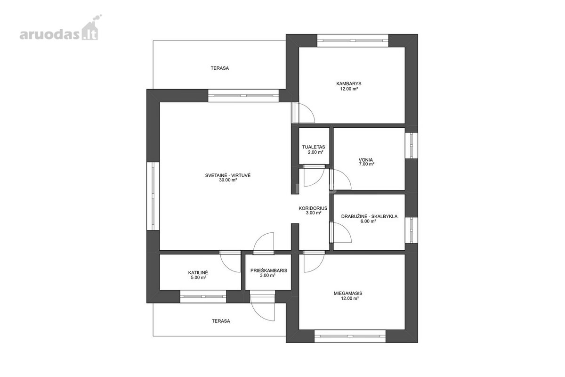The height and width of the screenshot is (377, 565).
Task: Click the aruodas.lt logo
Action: (x=61, y=28)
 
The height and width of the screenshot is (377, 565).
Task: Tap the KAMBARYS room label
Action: (x=349, y=83)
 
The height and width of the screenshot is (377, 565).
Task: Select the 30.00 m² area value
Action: (x=228, y=180)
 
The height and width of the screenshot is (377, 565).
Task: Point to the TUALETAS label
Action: (x=314, y=147)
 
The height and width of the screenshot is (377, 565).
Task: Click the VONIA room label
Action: (x=366, y=160)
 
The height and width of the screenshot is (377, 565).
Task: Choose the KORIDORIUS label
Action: (x=313, y=208)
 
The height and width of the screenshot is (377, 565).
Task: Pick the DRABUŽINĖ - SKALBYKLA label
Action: (x=369, y=216)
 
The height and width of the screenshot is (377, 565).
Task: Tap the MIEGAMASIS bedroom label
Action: (x=348, y=294)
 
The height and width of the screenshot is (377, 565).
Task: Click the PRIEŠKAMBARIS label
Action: (x=269, y=270)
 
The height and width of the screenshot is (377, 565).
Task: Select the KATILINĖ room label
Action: (x=198, y=273)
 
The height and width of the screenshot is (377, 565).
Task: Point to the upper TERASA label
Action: (x=220, y=68)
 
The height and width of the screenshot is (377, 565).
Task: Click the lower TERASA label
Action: (x=221, y=321)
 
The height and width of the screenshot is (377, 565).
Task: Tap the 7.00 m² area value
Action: (x=366, y=164)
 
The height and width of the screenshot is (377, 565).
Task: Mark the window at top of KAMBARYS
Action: (x=353, y=41)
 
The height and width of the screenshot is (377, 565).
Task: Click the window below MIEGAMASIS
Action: (x=350, y=336)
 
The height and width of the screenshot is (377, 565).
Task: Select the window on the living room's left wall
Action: (x=153, y=196)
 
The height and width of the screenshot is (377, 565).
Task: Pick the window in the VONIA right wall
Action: (x=412, y=146)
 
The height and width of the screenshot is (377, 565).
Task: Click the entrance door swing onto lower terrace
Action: (x=262, y=309)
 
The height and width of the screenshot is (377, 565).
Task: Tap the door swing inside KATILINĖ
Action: (x=230, y=262)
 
